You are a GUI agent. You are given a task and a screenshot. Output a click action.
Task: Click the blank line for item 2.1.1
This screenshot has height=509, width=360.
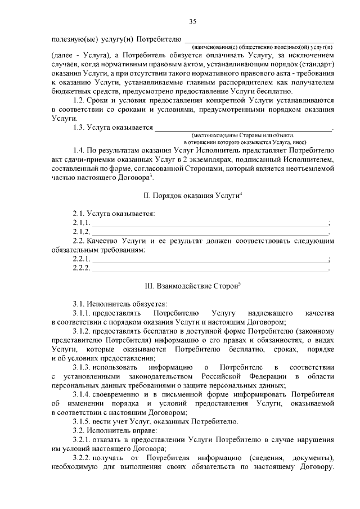pos(209,223)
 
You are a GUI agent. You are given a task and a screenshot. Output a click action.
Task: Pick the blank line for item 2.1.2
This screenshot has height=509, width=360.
pos(209,232)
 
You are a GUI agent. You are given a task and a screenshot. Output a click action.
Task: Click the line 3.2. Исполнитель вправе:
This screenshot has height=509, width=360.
pos(110,430)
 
